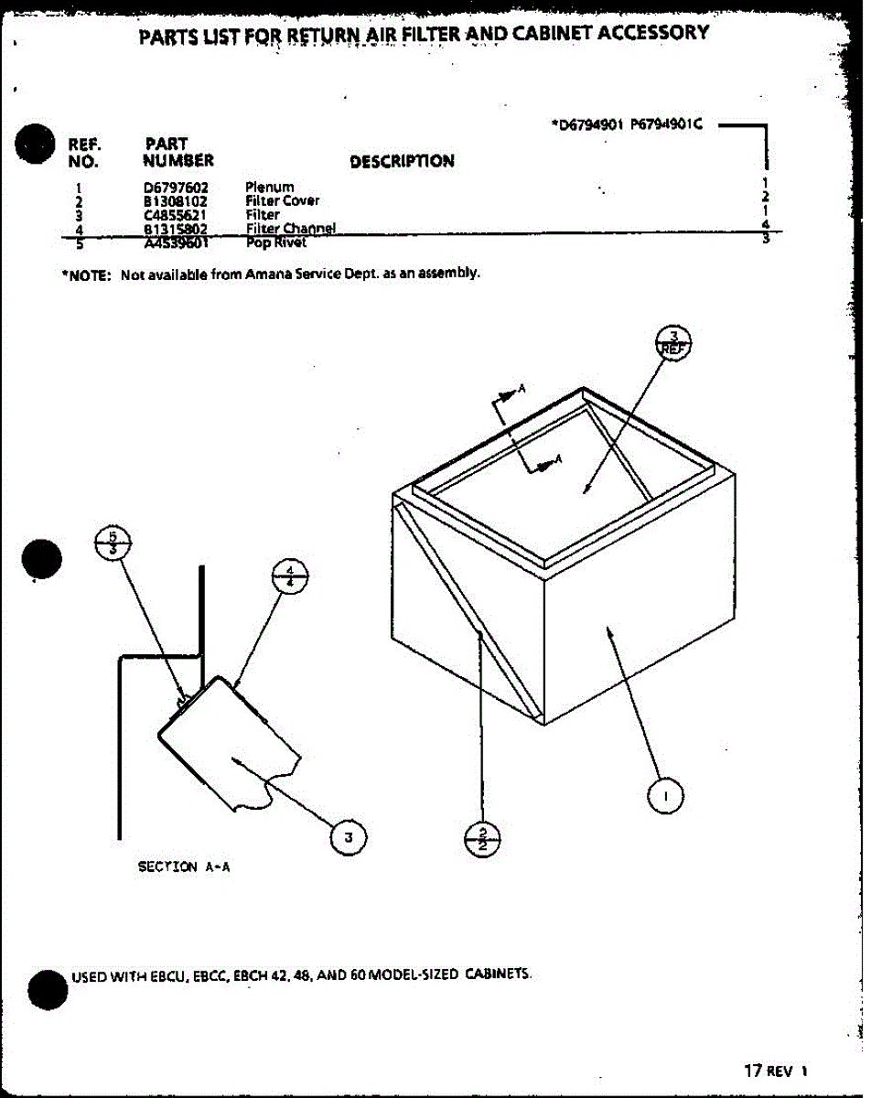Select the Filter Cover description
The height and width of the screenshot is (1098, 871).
pyautogui.click(x=282, y=201)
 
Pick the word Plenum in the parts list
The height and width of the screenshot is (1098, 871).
pyautogui.click(x=269, y=188)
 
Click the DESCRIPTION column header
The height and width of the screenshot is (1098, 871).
pyautogui.click(x=402, y=162)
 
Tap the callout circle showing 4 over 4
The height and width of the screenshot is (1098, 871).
pyautogui.click(x=290, y=578)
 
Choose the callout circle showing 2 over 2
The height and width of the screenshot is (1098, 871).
pyautogui.click(x=483, y=837)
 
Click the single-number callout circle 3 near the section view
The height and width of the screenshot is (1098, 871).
pyautogui.click(x=349, y=835)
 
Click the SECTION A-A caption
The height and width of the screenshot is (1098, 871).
pyautogui.click(x=184, y=867)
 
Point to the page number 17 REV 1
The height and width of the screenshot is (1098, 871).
pyautogui.click(x=775, y=1071)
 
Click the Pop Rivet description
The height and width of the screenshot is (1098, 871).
pyautogui.click(x=275, y=243)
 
